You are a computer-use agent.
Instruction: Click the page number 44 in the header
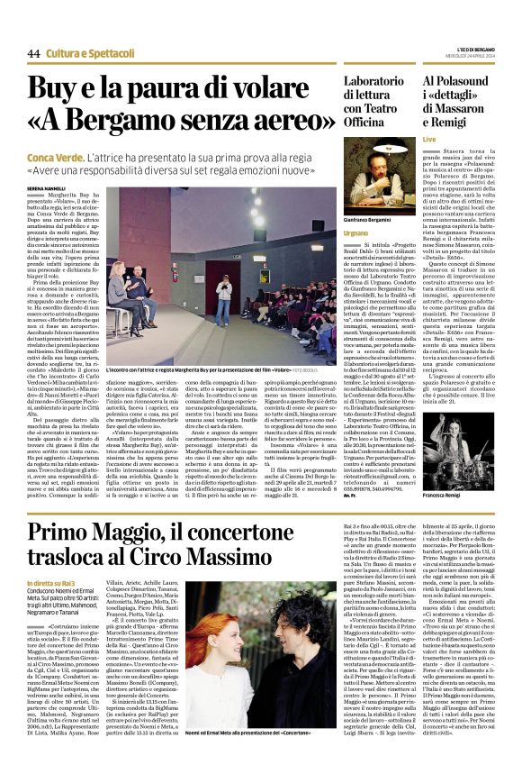[33, 53]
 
